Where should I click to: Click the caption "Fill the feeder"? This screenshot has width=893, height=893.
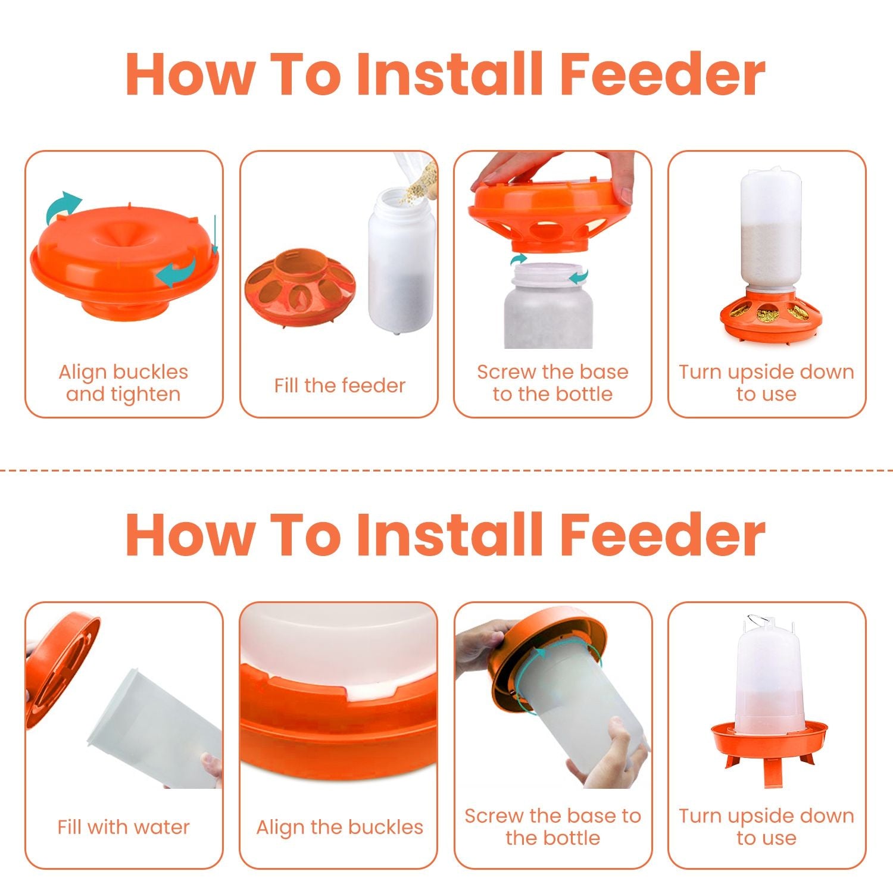[339, 385]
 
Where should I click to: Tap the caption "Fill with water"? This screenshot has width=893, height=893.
[123, 827]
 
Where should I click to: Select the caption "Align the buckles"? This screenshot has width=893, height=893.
[339, 827]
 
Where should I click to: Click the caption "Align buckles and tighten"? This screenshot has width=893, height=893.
[123, 383]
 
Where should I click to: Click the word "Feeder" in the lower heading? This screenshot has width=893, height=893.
[662, 535]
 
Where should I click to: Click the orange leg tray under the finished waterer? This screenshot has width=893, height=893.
[768, 744]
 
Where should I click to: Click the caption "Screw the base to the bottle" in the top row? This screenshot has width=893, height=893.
[552, 383]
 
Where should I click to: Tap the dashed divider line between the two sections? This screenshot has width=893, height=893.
[447, 470]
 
